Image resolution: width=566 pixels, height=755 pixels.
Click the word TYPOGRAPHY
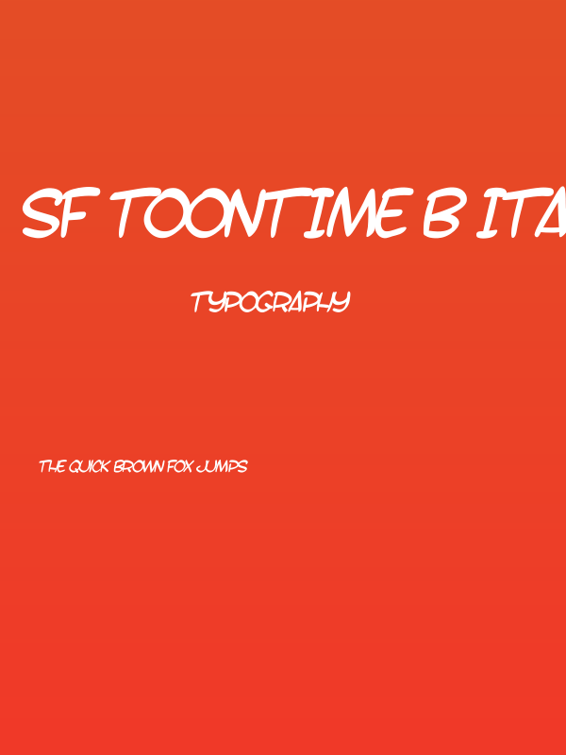pyautogui.click(x=271, y=302)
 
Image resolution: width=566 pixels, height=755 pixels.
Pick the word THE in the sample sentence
pyautogui.click(x=51, y=466)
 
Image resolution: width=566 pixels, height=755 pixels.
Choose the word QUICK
pyautogui.click(x=89, y=466)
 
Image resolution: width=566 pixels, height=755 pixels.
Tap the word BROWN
pyautogui.click(x=139, y=466)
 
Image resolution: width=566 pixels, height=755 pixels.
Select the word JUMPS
pyautogui.click(x=223, y=466)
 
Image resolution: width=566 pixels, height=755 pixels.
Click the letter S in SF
pyautogui.click(x=42, y=214)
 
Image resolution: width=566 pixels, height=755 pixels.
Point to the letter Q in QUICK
pyautogui.click(x=74, y=466)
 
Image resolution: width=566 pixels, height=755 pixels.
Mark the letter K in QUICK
pyautogui.click(x=106, y=466)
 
